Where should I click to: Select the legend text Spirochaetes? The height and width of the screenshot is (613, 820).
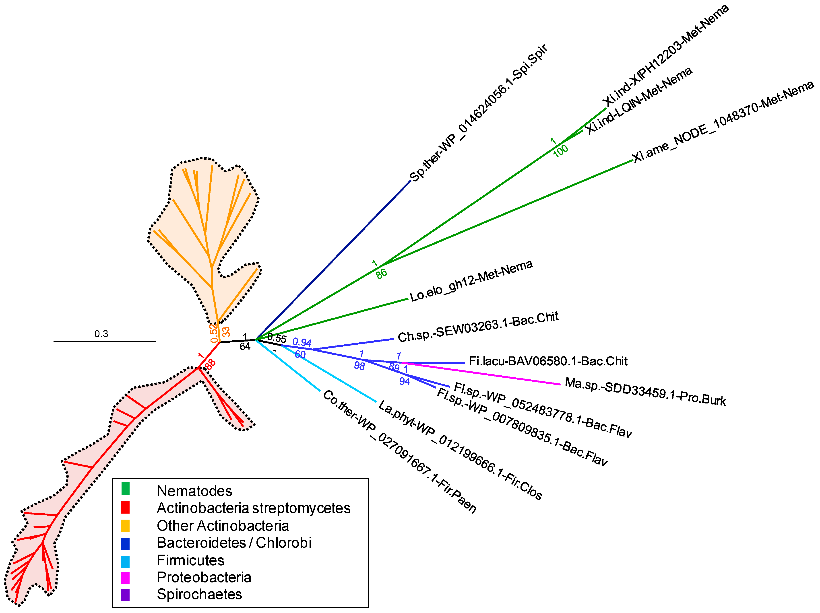point(199,594)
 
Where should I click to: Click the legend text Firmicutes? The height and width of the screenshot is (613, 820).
point(190,560)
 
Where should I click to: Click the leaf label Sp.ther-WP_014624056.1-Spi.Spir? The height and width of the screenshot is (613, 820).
point(478,113)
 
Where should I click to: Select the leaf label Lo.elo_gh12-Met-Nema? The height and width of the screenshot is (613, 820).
point(471,281)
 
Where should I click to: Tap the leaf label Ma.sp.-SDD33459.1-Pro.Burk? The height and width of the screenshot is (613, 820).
point(645,392)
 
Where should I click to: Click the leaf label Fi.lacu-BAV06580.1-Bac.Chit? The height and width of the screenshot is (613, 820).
point(548,361)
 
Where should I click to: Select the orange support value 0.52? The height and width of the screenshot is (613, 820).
point(213,333)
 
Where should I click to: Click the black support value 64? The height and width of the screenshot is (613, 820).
point(245,347)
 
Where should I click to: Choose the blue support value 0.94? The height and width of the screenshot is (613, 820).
point(302,342)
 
